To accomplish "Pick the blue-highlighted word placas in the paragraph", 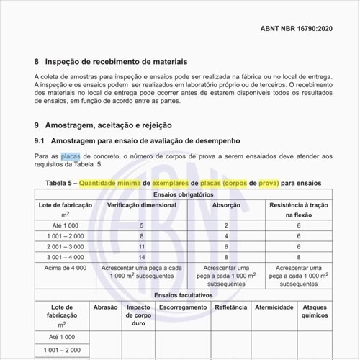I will click(71, 156).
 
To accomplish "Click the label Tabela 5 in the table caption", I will click(58, 183).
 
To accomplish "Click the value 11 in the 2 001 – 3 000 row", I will click(141, 246).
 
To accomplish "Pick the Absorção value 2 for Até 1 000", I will click(226, 225).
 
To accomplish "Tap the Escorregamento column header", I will click(181, 307).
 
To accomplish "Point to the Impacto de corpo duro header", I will click(138, 315).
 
